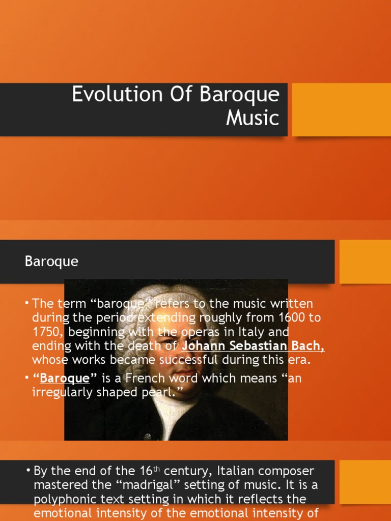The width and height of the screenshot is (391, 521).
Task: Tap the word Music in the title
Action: pos(253,118)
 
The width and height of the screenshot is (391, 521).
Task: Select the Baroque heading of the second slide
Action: pos(51,262)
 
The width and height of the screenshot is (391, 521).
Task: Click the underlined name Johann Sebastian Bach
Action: pos(253,346)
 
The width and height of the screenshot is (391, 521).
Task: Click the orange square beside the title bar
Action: pos(341,109)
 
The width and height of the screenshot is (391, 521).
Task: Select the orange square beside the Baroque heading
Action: pos(365,262)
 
